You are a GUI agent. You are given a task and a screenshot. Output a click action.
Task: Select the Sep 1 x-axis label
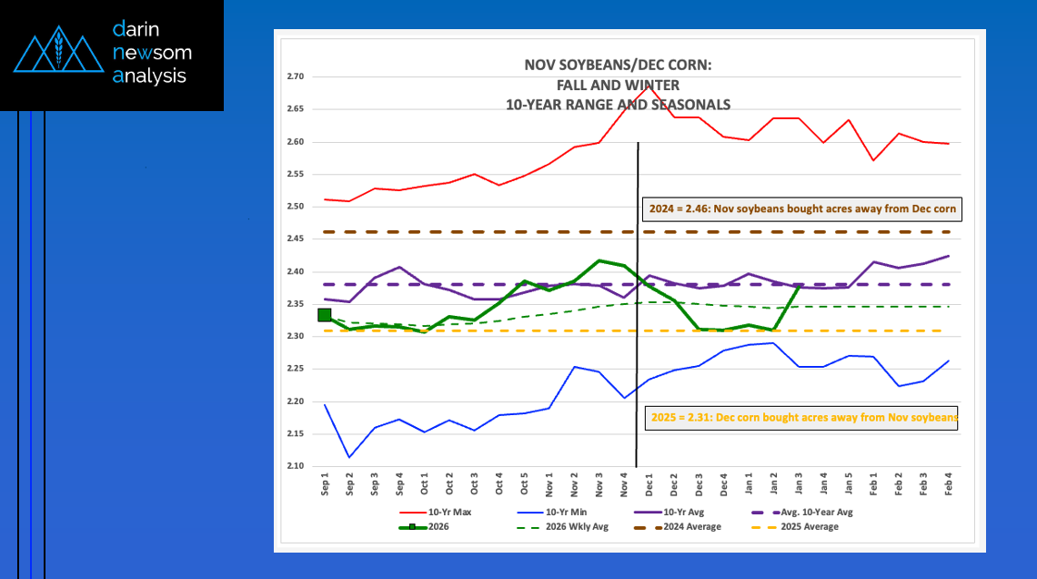(325, 483)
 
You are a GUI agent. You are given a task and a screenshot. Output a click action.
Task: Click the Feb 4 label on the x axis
(949, 483)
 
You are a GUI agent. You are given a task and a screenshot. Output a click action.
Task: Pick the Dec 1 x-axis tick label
(649, 483)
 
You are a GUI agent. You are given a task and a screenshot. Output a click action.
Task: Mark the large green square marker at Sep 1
(325, 315)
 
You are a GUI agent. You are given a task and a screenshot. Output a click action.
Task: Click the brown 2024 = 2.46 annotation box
(801, 209)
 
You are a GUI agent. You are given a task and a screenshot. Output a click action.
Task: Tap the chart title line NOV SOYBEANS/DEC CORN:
(618, 65)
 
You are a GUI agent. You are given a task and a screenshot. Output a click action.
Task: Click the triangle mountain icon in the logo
(56, 54)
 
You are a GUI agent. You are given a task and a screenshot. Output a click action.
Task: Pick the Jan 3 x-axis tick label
(799, 483)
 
